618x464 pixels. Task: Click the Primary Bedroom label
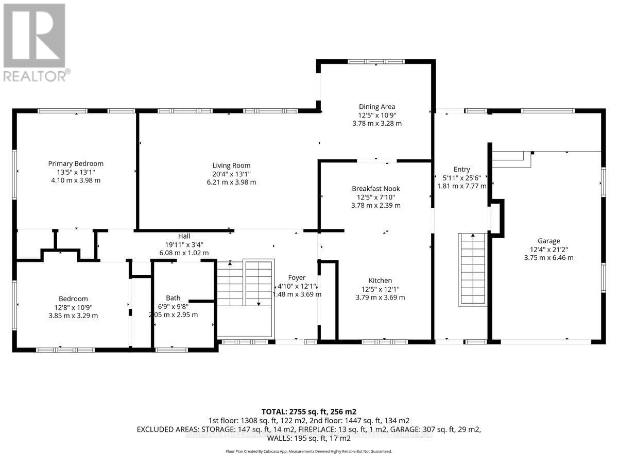(76, 163)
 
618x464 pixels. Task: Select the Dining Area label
(376, 107)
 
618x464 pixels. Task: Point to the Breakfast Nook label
(376, 189)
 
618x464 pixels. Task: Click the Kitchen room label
(380, 280)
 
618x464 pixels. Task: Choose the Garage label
(548, 240)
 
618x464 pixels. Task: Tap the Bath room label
(173, 298)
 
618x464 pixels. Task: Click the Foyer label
(297, 277)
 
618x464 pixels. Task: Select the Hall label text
(184, 236)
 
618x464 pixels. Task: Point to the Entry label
(461, 169)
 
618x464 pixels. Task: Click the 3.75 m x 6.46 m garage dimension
(548, 258)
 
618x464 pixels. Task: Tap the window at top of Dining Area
(376, 61)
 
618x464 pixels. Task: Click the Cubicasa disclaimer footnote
(309, 451)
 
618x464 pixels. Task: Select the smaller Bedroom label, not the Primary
(73, 299)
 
